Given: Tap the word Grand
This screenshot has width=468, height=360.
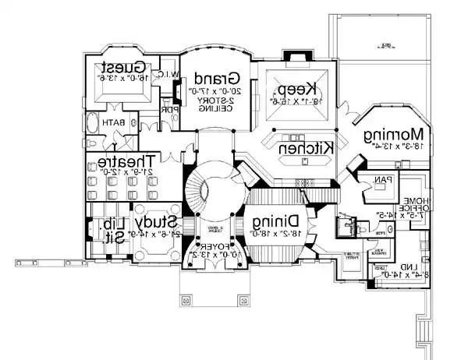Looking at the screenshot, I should pyautogui.click(x=215, y=79).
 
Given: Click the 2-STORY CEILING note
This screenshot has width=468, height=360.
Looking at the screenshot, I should pyautogui.click(x=214, y=105).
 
